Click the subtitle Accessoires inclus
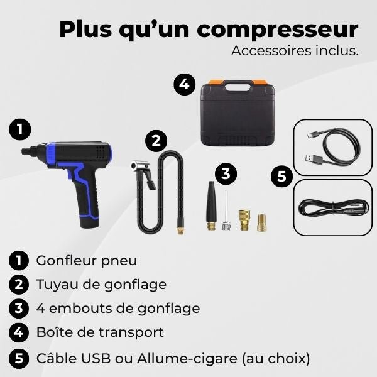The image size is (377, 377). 295,51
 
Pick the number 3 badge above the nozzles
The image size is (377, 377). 226,173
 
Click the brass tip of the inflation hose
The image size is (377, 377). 180,230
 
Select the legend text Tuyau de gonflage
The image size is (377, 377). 101,284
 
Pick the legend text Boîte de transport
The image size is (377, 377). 100,332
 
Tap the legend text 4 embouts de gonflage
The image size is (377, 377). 118,308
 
